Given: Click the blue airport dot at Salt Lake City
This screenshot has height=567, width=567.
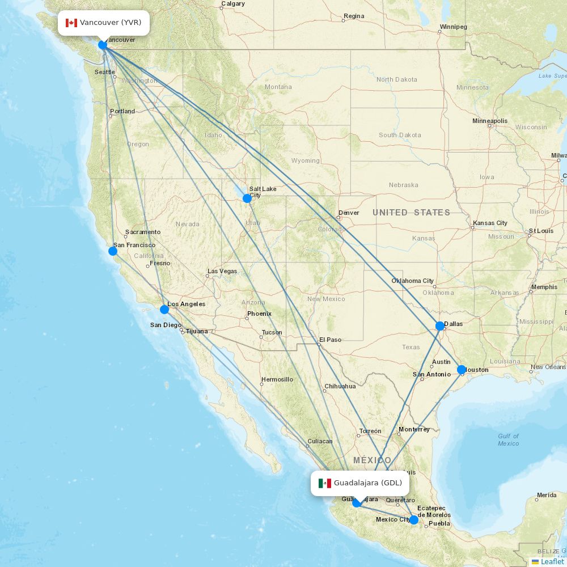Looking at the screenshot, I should tap(247, 198).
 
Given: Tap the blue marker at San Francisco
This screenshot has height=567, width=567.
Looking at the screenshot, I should tap(113, 251).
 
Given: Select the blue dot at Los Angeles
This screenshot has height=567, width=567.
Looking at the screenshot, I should tap(164, 309).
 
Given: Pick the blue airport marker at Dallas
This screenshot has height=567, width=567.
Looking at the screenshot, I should tap(440, 326).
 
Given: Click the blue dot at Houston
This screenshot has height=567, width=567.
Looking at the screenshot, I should tap(462, 369).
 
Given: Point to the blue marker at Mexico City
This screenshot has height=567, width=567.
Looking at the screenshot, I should tap(414, 519).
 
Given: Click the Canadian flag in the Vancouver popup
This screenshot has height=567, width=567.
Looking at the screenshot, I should tap(71, 23).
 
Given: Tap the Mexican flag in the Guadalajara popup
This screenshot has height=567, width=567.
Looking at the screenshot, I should tap(325, 483).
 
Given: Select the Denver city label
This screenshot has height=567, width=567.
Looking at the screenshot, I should tap(349, 213).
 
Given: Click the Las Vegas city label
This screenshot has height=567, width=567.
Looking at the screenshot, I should tap(222, 271).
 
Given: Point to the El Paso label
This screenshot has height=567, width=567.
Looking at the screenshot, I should tap(331, 340).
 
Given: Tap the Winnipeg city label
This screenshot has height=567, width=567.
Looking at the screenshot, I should tap(453, 27).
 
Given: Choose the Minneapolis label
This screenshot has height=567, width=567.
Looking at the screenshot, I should tap(490, 121).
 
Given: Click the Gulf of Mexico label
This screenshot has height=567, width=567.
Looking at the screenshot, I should tap(508, 439).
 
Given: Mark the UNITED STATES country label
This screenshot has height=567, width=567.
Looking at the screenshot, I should tap(411, 213).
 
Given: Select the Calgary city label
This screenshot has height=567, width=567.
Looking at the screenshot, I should tap(233, 4).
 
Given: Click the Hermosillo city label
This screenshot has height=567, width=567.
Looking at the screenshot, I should tap(277, 379).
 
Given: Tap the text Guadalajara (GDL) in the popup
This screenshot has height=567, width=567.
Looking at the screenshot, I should tap(367, 483).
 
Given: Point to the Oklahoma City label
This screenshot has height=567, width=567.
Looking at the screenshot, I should tap(412, 281).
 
